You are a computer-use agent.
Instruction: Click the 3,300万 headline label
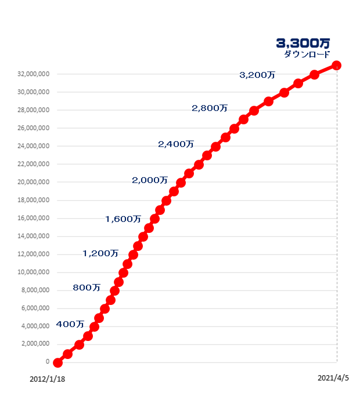303,43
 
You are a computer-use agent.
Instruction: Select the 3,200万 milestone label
257,75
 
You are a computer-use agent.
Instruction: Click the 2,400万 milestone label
176,144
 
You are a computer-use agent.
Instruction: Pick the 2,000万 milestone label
150,180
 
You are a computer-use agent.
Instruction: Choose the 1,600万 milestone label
123,219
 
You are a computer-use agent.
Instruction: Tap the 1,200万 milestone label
100,253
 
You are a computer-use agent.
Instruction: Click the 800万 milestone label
87,288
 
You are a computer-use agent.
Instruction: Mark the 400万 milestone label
70,324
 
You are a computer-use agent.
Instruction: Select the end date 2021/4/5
333,378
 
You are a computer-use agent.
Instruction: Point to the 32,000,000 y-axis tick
34,74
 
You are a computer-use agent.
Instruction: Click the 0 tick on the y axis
47,362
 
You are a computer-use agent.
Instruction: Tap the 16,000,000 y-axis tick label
34,218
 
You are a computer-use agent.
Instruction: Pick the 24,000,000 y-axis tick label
34,146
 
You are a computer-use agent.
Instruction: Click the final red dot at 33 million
337,66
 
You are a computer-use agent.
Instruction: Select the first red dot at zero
57,362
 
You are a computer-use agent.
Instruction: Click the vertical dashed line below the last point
337,232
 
